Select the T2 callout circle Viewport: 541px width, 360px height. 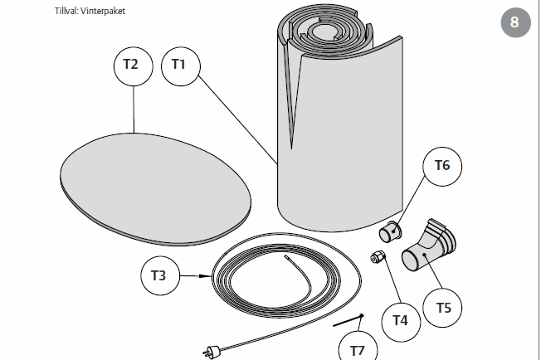(x=133, y=63)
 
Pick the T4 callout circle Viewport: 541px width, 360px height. (x=401, y=319)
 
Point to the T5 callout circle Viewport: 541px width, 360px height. (x=443, y=308)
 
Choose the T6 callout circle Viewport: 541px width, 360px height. (x=442, y=166)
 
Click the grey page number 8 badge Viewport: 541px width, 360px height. (x=514, y=22)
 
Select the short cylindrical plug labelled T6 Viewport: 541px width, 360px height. (x=389, y=230)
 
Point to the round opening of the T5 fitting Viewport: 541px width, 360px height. (x=413, y=260)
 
